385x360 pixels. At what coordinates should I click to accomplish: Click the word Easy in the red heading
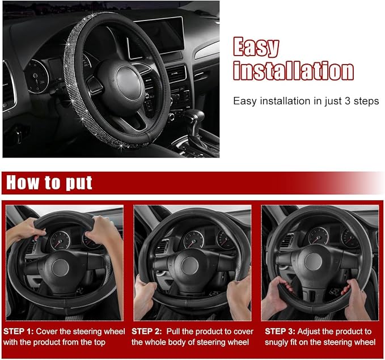[x=256, y=47]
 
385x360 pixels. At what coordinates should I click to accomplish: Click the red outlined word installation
[x=293, y=70]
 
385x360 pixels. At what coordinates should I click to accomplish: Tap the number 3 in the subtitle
[x=347, y=101]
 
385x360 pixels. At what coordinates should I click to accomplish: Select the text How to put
[x=49, y=183]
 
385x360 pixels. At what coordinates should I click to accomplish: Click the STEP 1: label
[x=18, y=332]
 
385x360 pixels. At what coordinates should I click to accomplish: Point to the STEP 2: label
[x=147, y=332]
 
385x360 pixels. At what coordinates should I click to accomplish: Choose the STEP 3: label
[x=280, y=332]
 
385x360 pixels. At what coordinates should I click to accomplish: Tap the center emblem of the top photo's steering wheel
[x=129, y=83]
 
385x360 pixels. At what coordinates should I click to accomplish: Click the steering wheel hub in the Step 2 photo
[x=189, y=266]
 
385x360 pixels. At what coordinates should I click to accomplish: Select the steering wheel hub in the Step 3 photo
[x=313, y=261]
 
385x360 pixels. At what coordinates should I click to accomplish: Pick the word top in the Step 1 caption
[x=99, y=343]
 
